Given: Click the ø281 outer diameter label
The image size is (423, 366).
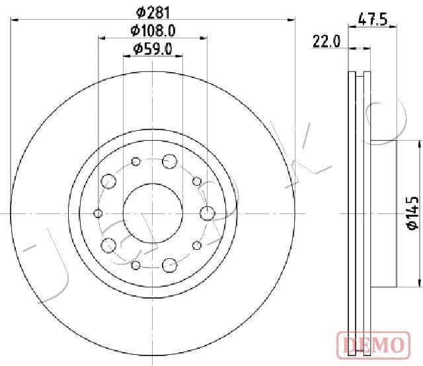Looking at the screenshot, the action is pos(153,13).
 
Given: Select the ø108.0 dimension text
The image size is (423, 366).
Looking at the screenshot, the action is pos(153,30).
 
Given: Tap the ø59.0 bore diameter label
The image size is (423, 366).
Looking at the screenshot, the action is pos(153,49).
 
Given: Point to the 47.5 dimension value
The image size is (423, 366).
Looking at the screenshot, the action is pos(373,20).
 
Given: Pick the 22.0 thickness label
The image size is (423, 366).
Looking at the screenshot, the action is pos(327,41).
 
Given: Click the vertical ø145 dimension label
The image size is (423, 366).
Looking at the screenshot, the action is pos(412,213).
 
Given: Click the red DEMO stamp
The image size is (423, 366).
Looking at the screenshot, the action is pos(373,346).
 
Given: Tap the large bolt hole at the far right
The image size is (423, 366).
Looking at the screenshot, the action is pos(208,213).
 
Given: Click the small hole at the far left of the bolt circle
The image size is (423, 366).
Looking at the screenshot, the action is pos(98,213).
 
